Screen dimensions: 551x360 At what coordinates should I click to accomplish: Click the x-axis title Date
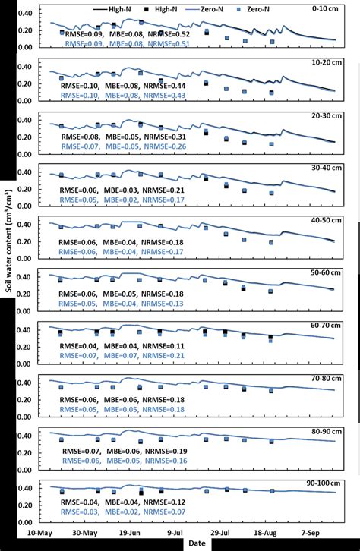point(197,543)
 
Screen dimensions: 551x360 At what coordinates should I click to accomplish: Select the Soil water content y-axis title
point(8,273)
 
